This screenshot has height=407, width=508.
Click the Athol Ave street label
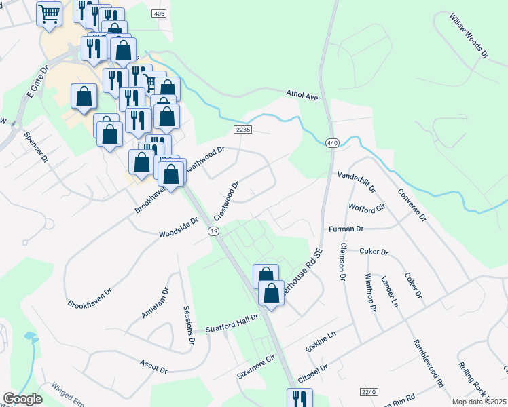(302, 96)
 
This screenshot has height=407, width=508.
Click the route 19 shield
(214, 231)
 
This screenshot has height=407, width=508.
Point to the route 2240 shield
(370, 392)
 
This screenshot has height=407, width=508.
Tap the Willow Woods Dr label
(469, 35)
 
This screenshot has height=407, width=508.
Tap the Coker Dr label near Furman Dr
(374, 252)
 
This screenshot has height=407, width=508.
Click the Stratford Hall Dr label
(233, 324)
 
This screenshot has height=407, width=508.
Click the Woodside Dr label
(178, 228)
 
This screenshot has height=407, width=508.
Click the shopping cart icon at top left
(49, 14)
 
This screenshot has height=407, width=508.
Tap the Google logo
(22, 399)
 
